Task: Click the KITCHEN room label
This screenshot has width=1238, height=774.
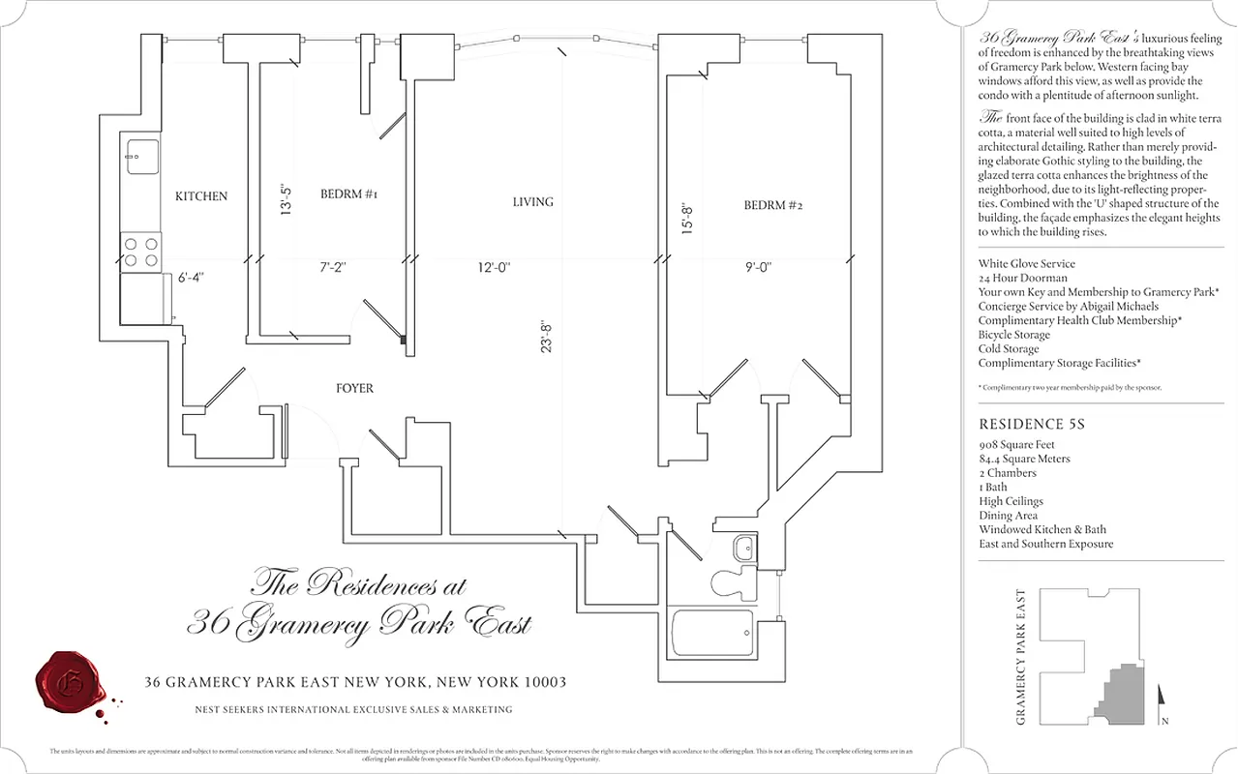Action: (201, 196)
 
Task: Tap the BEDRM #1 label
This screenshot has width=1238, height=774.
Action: (348, 194)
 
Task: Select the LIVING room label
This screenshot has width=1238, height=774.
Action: (532, 202)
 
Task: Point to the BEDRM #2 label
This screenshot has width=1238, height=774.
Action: (773, 205)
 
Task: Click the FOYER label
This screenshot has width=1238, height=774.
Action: (354, 389)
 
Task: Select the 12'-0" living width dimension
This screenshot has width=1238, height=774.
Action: (494, 267)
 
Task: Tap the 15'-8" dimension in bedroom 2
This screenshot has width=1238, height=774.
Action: (687, 218)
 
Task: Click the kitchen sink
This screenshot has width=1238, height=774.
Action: (141, 157)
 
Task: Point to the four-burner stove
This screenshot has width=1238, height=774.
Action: (141, 252)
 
